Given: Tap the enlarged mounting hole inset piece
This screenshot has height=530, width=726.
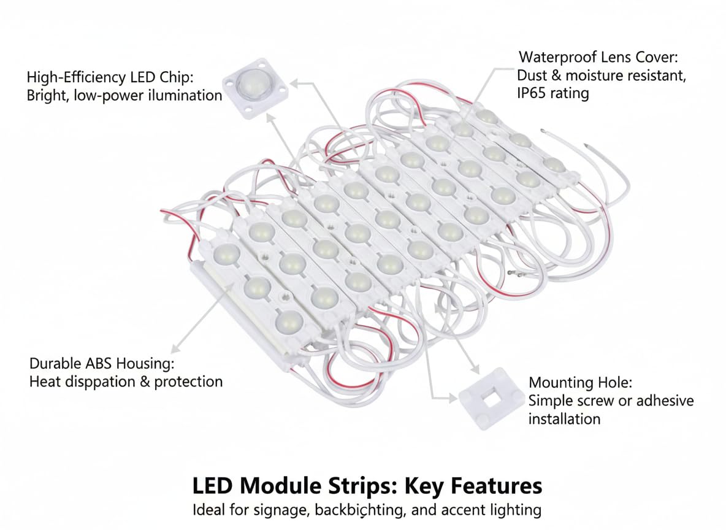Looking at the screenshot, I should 489,400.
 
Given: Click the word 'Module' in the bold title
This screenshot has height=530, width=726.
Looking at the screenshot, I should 281,486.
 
